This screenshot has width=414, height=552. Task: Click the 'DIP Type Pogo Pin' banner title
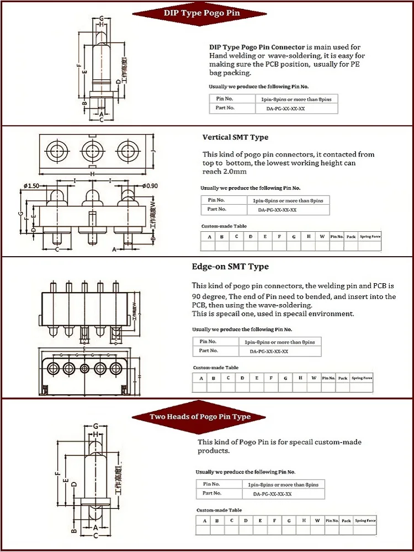[201, 13]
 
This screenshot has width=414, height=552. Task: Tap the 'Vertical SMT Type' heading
[235, 137]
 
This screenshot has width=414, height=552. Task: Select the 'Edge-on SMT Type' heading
[230, 267]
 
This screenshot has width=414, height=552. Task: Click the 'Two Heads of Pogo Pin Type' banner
[200, 416]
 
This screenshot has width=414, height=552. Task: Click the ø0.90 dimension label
[151, 185]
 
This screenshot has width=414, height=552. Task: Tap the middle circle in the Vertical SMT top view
[92, 150]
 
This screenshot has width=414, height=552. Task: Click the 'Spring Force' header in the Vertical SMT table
[370, 236]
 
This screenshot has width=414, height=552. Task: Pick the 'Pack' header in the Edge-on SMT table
[343, 378]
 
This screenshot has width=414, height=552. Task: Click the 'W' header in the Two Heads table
[317, 521]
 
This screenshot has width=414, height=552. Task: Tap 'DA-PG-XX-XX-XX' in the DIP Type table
[285, 109]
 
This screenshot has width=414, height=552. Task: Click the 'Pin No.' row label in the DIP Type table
[225, 98]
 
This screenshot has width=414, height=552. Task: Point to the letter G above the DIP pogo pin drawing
[102, 18]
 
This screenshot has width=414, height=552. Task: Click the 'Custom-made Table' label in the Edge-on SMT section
[216, 368]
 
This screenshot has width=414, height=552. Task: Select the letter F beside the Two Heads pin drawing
[57, 473]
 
